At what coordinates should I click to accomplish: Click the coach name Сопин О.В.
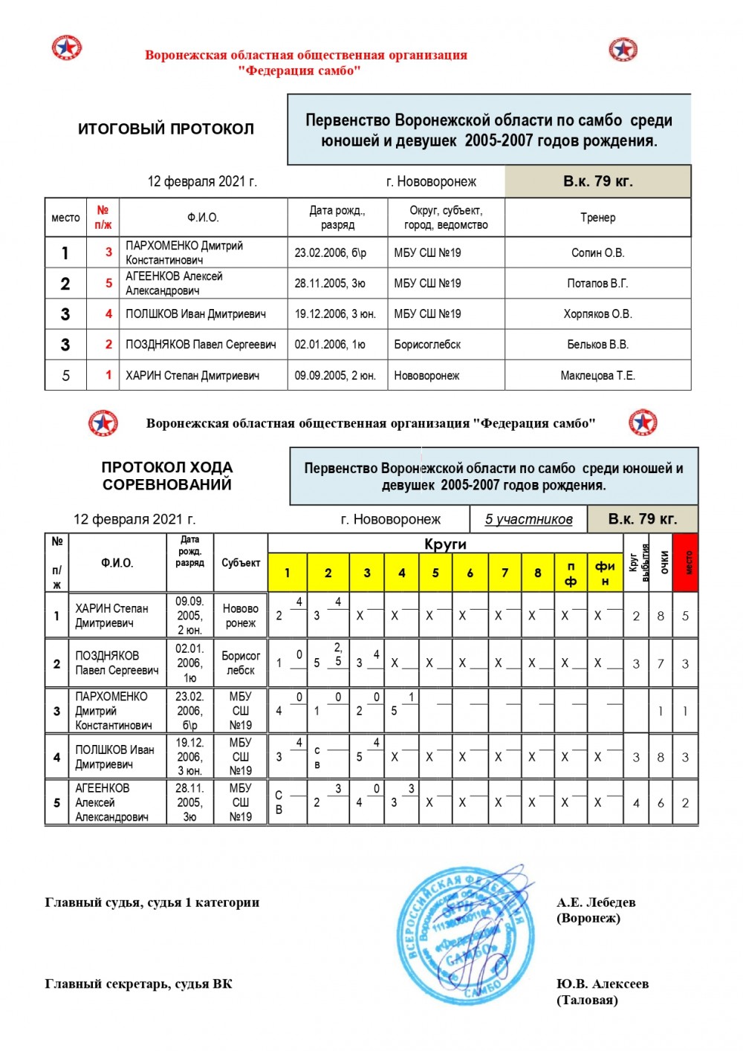[x=597, y=253]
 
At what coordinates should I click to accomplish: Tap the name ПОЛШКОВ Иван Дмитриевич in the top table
[x=195, y=314]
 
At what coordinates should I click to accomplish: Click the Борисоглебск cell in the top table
[x=427, y=345]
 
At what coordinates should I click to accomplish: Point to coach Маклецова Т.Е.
[x=597, y=376]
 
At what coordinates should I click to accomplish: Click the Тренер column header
[x=597, y=218]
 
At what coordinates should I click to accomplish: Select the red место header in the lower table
[x=685, y=562]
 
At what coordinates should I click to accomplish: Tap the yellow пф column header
[x=571, y=573]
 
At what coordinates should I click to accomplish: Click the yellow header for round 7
[x=504, y=573]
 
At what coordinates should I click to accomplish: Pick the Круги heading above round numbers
[x=445, y=544]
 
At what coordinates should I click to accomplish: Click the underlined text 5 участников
[x=528, y=519]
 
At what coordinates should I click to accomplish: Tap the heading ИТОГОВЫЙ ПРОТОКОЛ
[x=166, y=129]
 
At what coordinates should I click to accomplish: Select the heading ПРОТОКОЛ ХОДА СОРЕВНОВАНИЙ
[x=167, y=476]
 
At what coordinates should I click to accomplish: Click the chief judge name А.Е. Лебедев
[x=596, y=902]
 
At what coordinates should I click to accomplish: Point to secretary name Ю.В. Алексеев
[x=603, y=983]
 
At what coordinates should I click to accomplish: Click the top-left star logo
[x=67, y=48]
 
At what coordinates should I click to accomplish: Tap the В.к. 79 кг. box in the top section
[x=597, y=181]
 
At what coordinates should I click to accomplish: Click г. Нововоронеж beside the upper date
[x=431, y=182]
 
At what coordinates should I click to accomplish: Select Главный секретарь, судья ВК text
[x=138, y=984]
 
